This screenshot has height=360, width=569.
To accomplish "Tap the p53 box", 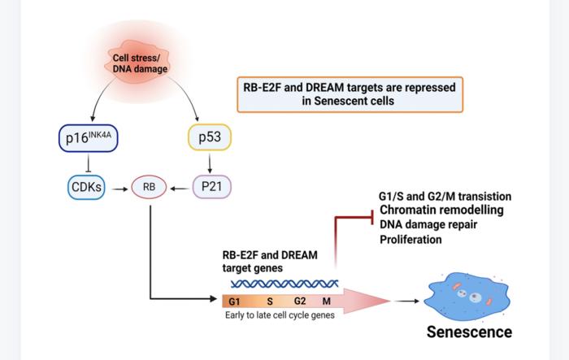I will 210,139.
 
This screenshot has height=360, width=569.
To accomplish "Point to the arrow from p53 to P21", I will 211,163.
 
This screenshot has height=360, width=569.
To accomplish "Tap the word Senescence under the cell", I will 470,332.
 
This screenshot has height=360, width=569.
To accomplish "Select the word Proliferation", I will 411,240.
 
